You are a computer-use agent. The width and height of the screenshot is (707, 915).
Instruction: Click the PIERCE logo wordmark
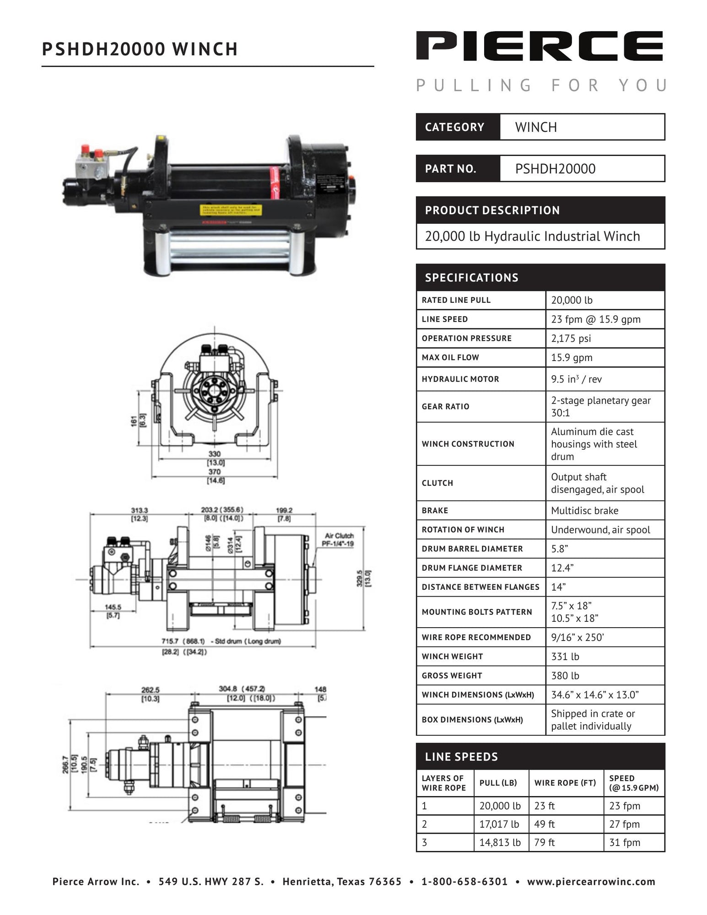click(540, 46)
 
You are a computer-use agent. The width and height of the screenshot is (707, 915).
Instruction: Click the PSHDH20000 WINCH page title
click(140, 49)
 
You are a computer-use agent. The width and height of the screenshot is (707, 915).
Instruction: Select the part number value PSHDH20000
click(555, 169)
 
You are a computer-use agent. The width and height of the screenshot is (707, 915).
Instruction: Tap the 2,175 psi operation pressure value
click(571, 339)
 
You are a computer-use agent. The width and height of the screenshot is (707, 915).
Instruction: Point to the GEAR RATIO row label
click(445, 406)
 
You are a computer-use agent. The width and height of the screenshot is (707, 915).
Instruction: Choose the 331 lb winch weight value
click(565, 657)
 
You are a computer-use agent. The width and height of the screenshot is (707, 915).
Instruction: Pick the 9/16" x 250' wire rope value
click(577, 637)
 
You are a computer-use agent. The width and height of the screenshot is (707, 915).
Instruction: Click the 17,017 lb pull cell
click(499, 824)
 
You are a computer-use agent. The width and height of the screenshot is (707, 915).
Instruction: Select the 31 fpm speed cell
click(624, 843)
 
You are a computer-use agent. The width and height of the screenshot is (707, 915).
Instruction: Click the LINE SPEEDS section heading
click(461, 757)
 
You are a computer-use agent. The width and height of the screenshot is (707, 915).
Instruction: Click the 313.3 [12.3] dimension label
click(139, 514)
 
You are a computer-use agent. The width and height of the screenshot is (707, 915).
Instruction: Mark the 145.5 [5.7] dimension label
click(113, 611)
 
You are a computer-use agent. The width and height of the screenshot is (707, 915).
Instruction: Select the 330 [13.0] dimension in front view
click(214, 458)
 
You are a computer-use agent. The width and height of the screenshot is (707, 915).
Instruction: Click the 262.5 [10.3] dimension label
click(150, 694)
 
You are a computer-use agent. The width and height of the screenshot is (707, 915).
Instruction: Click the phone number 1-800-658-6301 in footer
click(464, 882)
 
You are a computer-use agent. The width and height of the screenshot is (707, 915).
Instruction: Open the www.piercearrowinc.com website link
click(591, 882)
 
